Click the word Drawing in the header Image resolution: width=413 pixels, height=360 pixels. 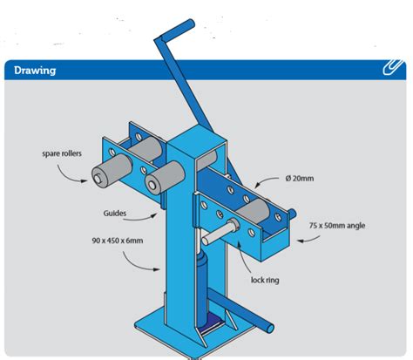click(x=35, y=71)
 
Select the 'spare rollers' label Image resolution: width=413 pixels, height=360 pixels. click(x=62, y=153)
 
